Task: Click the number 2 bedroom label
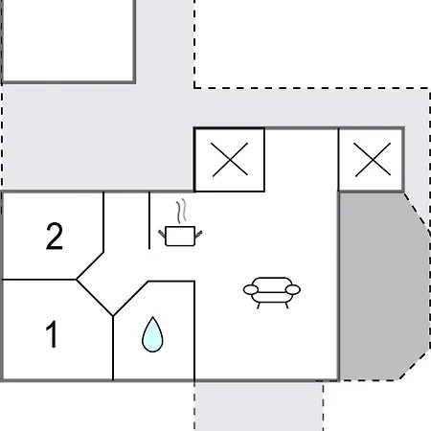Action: click(x=55, y=236)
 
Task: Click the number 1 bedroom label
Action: click(x=51, y=333)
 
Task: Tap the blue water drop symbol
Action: click(x=152, y=334)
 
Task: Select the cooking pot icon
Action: click(x=180, y=236)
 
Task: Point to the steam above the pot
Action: click(x=181, y=211)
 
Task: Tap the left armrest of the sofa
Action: click(x=251, y=289)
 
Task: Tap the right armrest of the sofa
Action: click(x=293, y=289)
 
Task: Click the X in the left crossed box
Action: click(x=230, y=159)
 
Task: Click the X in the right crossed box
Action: click(x=373, y=159)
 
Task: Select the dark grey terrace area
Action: click(x=383, y=286)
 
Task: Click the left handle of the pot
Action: click(x=162, y=234)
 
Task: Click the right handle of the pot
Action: click(x=198, y=234)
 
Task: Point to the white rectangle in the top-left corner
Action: click(x=68, y=40)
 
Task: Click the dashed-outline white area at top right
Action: click(x=311, y=44)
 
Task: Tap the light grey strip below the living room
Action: click(x=259, y=407)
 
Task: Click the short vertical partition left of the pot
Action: click(x=149, y=220)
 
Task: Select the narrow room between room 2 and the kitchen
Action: click(x=126, y=223)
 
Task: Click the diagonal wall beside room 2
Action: click(x=90, y=266)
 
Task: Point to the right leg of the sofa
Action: click(x=286, y=306)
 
